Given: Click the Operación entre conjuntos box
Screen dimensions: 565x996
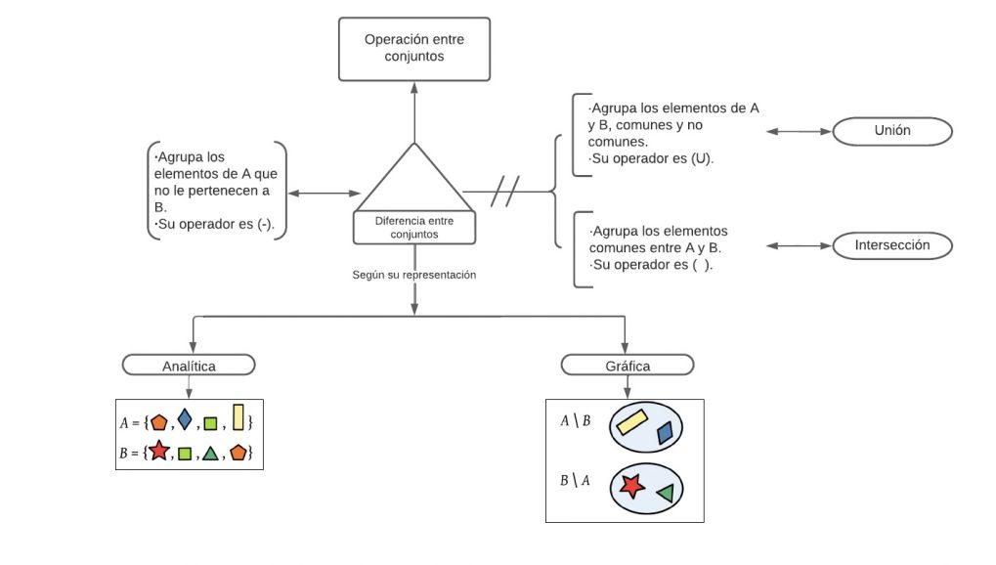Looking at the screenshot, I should click(x=413, y=49).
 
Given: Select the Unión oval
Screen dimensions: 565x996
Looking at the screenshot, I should click(x=891, y=131).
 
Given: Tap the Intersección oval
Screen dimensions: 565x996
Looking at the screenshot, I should click(x=891, y=245).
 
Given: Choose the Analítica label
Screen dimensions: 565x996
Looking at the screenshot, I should click(x=189, y=365).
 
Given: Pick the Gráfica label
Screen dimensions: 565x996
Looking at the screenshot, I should click(x=627, y=365).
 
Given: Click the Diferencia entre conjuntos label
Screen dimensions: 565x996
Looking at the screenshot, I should click(x=414, y=228).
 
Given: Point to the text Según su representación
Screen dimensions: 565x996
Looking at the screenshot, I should click(x=414, y=276).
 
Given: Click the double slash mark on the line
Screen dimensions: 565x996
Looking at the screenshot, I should click(x=504, y=192).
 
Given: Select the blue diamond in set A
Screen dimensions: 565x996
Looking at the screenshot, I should click(x=184, y=421).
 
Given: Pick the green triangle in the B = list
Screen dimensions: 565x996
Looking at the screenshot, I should click(x=209, y=454).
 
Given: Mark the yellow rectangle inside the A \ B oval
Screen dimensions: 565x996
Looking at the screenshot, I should click(x=631, y=421).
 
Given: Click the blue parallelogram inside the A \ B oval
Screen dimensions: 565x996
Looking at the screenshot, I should click(x=666, y=432).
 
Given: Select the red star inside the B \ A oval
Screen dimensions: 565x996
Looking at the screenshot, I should click(x=631, y=485).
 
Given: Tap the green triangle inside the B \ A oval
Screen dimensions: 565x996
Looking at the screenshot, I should click(x=666, y=494).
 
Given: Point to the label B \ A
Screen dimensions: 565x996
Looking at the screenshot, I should click(x=574, y=480).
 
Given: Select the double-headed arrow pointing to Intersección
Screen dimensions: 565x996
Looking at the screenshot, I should click(x=797, y=245).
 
